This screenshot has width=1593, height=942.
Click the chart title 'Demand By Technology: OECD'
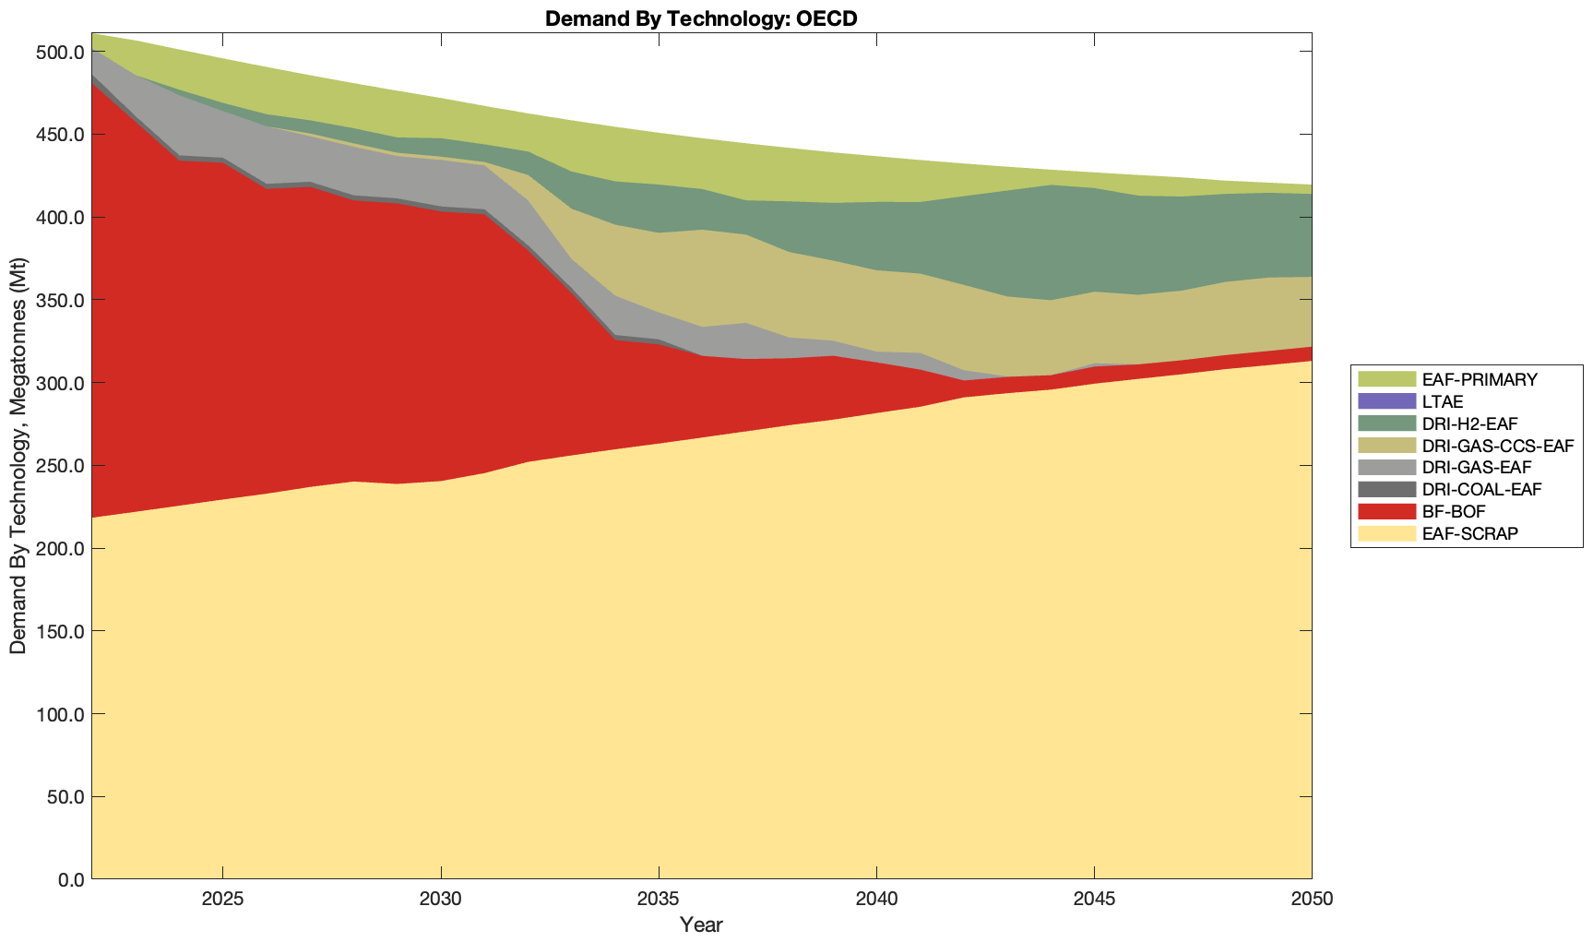(701, 18)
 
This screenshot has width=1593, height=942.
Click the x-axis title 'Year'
(701, 924)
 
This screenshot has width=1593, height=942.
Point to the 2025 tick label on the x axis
(222, 900)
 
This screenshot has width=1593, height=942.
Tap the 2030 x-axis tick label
(441, 900)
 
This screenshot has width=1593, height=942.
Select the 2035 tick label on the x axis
(659, 900)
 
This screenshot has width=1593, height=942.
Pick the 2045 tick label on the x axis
(1094, 900)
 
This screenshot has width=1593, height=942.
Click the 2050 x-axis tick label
(1312, 900)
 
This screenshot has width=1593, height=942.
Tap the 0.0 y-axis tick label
(68, 879)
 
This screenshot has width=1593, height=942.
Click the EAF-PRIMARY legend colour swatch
(1385, 379)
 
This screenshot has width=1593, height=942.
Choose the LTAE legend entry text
(1443, 401)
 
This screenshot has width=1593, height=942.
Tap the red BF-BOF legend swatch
(1385, 511)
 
